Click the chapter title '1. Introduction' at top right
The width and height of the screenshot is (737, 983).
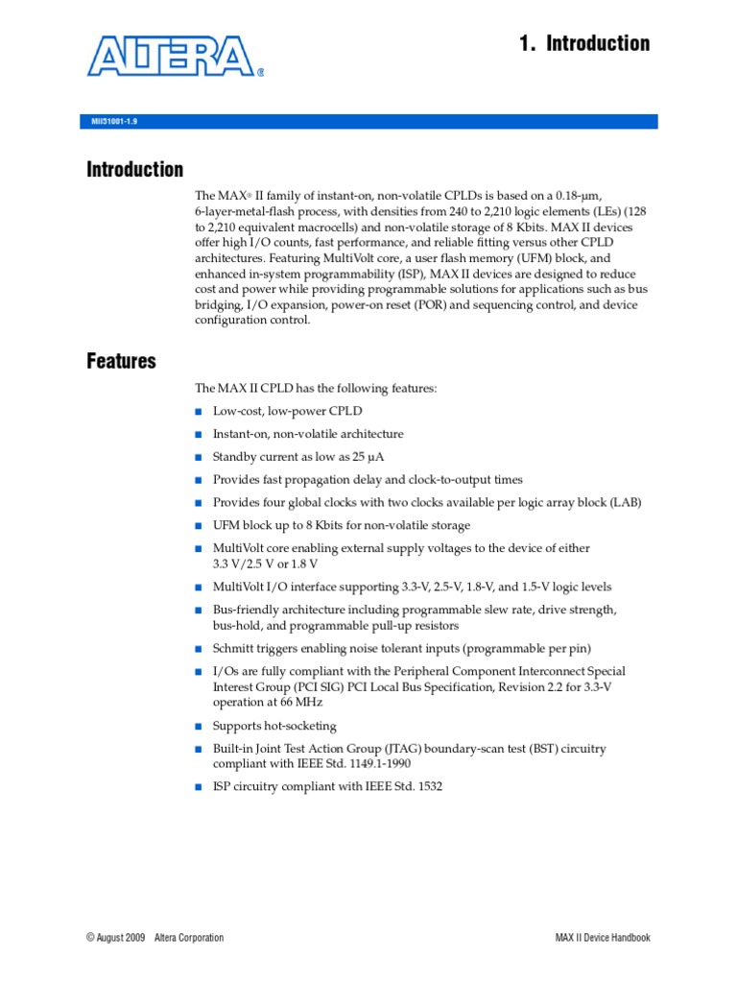point(583,43)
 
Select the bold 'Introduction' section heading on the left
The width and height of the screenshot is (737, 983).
point(134,170)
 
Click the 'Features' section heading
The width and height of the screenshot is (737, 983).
point(121,362)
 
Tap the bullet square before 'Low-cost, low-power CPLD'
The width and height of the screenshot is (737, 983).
point(199,412)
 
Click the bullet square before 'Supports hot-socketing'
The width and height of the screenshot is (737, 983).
point(199,727)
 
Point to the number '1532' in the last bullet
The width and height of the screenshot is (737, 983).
point(427,786)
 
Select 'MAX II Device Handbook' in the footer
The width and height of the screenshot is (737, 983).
point(603,938)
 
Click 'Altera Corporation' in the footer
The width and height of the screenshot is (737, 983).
point(190,938)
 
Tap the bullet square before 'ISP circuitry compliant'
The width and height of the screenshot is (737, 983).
point(199,786)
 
